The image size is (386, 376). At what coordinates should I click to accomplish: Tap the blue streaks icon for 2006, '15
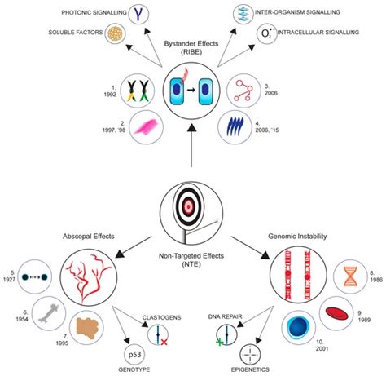tap(239, 129)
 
